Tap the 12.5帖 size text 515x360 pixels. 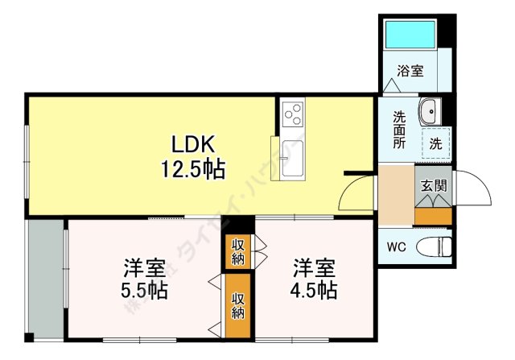[192, 169]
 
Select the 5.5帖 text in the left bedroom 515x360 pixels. [145, 290]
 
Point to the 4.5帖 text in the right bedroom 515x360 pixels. [314, 290]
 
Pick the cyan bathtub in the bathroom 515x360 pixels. [410, 35]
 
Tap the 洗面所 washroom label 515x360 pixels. [399, 129]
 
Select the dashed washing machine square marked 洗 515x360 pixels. [435, 144]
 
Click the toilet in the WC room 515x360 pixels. [435, 245]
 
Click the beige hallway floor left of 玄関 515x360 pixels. [396, 197]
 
